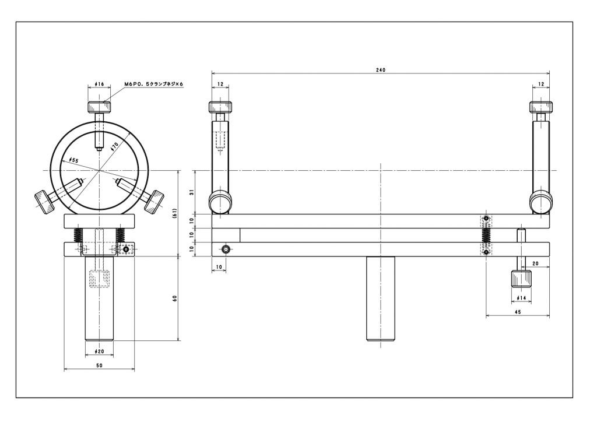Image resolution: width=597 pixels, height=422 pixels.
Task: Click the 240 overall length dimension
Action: tap(380, 70)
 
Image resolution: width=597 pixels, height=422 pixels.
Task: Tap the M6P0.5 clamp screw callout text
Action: tap(154, 84)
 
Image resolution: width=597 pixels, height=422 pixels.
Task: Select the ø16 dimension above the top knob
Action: tap(99, 84)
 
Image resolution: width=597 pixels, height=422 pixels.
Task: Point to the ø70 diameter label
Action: tap(115, 146)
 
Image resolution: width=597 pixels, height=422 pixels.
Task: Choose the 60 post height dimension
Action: tap(175, 298)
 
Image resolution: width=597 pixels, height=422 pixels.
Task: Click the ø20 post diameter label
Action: tap(99, 351)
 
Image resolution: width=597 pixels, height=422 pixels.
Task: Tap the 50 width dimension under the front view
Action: tap(99, 365)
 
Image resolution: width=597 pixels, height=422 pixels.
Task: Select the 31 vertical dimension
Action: tap(192, 192)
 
